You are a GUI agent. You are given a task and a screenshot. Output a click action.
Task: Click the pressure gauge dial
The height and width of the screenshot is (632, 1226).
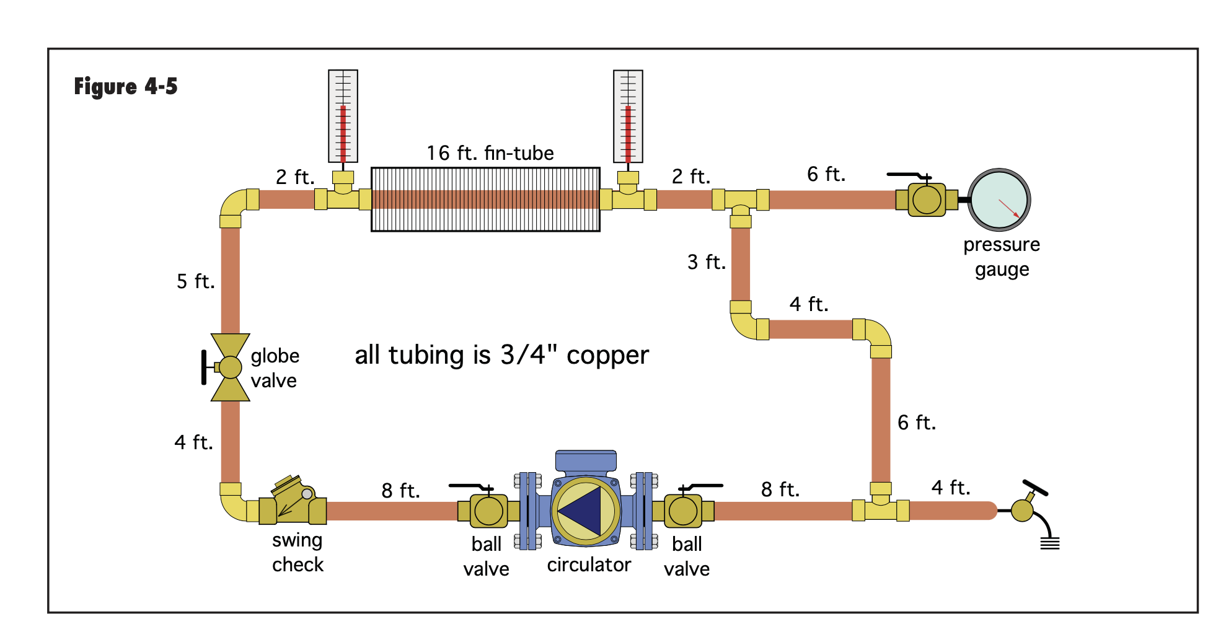(999, 200)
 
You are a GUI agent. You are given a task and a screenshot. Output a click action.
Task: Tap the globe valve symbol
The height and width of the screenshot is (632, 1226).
(230, 367)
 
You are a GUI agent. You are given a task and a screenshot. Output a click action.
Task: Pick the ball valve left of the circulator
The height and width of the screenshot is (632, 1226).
(488, 511)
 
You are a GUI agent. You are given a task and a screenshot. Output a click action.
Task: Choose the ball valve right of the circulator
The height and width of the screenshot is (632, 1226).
(683, 511)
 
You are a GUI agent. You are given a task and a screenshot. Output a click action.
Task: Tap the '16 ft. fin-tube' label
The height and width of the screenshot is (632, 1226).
(490, 153)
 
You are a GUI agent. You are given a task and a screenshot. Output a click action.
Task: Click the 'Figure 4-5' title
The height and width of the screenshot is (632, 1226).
(126, 86)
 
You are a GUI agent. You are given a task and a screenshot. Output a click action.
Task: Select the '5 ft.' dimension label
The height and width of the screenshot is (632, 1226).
(196, 281)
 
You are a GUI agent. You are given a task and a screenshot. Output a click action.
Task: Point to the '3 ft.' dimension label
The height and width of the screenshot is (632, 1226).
(707, 262)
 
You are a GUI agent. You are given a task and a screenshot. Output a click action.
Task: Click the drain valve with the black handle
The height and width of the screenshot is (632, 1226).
(1024, 509)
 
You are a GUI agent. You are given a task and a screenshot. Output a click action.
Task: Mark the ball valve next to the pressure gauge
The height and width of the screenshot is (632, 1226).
(927, 200)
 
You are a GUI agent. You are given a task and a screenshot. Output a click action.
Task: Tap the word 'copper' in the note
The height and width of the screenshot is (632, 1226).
(607, 356)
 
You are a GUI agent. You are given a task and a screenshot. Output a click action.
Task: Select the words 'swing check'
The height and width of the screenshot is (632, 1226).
(298, 552)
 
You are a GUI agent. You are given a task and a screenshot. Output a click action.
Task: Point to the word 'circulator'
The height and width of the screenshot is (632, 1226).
(589, 564)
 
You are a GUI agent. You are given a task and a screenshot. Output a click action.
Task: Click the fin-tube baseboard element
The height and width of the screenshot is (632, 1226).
(485, 200)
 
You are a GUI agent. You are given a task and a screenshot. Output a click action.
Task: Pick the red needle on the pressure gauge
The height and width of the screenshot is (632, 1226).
(1009, 208)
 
